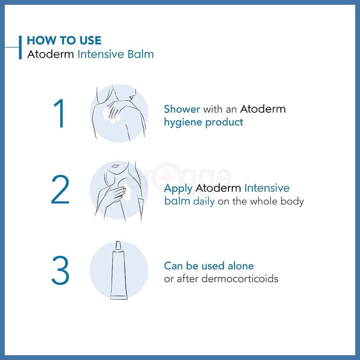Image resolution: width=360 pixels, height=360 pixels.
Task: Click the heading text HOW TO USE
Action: pyautogui.click(x=64, y=40)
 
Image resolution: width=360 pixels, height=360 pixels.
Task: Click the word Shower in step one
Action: pyautogui.click(x=182, y=109)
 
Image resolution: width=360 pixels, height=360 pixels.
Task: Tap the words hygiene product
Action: pyautogui.click(x=203, y=122)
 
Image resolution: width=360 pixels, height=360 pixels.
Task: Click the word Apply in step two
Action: pyautogui.click(x=178, y=189)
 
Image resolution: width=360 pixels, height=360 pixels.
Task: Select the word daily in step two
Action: pyautogui.click(x=204, y=201)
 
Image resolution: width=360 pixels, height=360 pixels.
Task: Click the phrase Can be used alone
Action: pyautogui.click(x=209, y=266)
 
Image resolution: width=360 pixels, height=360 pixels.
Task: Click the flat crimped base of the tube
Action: pyautogui.click(x=119, y=297)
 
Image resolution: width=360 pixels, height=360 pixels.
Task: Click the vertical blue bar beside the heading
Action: pyautogui.click(x=20, y=47)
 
